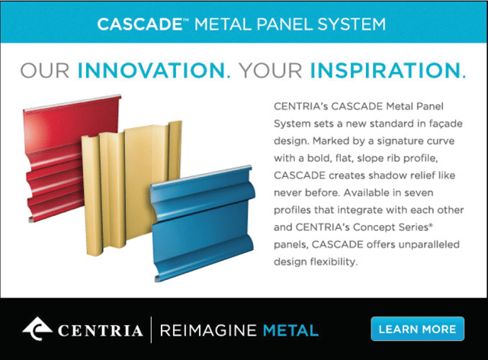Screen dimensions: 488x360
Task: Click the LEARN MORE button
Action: pyautogui.click(x=417, y=329)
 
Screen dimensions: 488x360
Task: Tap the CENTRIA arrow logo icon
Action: pyautogui.click(x=37, y=329)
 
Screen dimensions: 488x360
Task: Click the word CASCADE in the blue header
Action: pyautogui.click(x=140, y=24)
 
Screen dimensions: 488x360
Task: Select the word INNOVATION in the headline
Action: pyautogui.click(x=151, y=70)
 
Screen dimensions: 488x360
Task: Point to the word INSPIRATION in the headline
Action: pyautogui.click(x=385, y=70)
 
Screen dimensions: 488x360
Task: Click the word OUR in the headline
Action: pyautogui.click(x=45, y=70)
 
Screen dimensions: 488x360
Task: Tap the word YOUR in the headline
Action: pyautogui.click(x=271, y=70)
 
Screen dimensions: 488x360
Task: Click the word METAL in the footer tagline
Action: pyautogui.click(x=291, y=330)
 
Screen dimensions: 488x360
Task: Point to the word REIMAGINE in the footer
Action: pyautogui.click(x=208, y=330)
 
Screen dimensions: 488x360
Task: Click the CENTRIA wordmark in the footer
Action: pyautogui.click(x=100, y=331)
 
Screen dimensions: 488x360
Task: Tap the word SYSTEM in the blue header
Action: pyautogui.click(x=352, y=24)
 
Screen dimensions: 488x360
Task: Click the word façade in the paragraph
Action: pyautogui.click(x=445, y=124)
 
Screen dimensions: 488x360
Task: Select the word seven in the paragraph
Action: pyautogui.click(x=419, y=193)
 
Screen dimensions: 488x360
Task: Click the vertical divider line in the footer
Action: pyautogui.click(x=151, y=329)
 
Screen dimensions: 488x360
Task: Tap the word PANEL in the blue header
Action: pyautogui.click(x=284, y=24)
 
